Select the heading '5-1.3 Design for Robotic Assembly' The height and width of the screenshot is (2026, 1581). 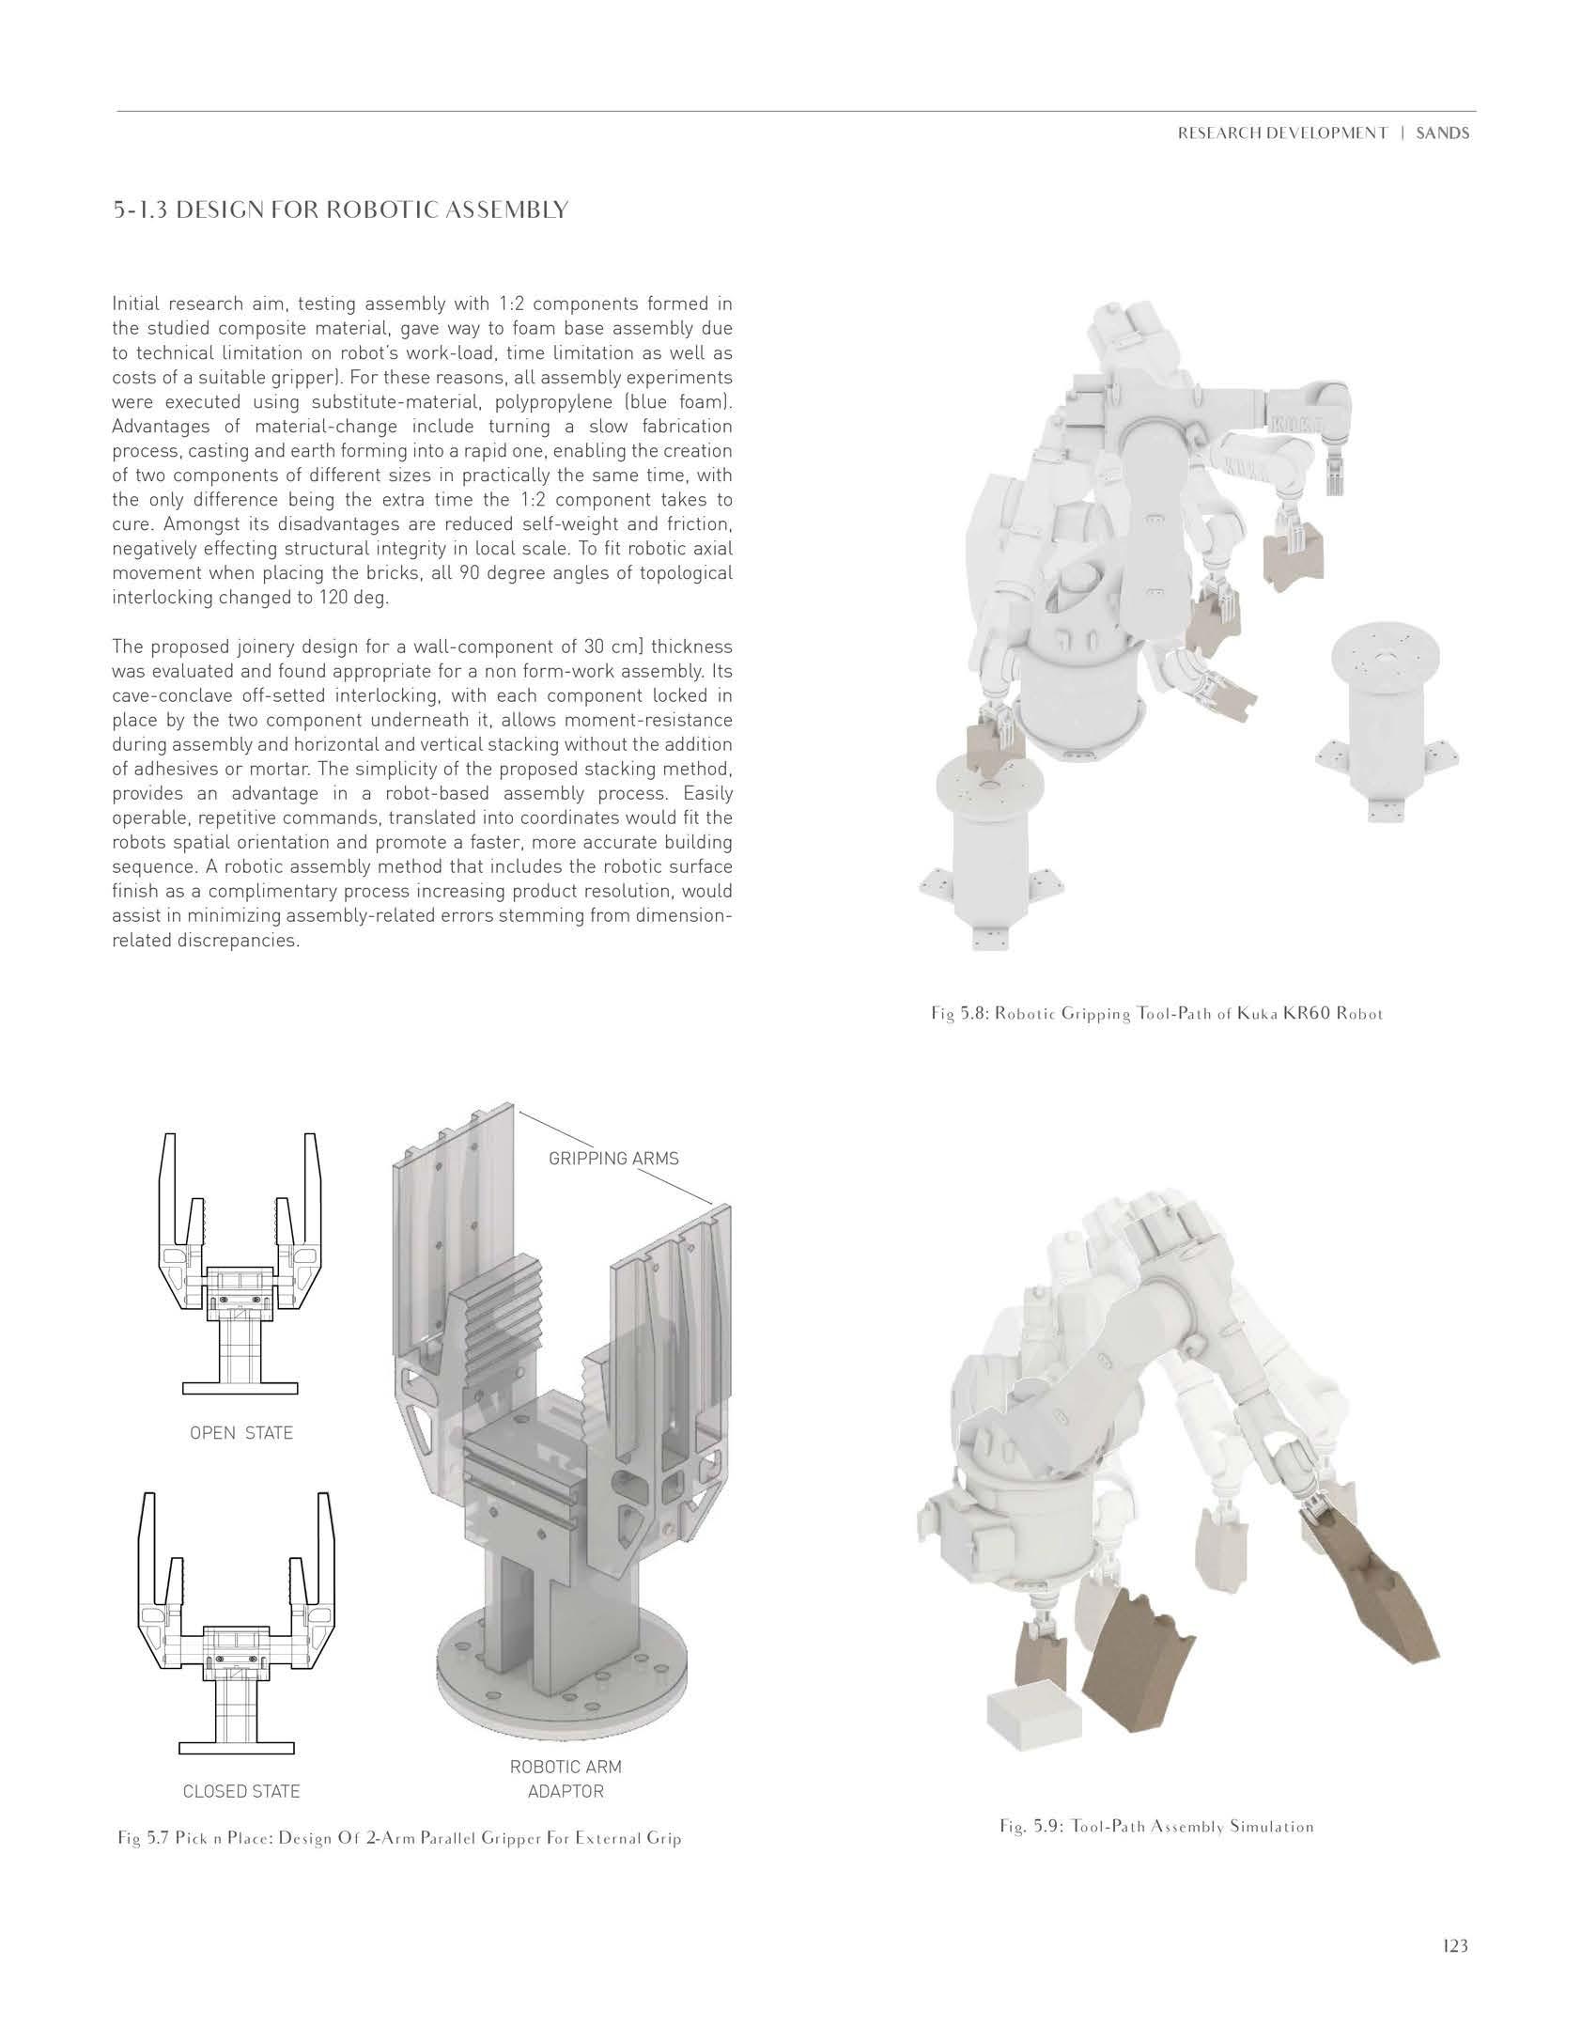(x=340, y=210)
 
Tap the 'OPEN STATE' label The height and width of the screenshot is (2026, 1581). (x=241, y=1433)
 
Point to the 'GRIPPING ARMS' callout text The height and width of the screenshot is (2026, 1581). (x=613, y=1158)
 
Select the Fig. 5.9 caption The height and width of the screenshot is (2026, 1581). (x=1156, y=1852)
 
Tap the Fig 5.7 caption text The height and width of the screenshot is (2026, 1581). (x=399, y=1863)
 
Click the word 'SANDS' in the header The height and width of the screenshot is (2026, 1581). (x=1443, y=133)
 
